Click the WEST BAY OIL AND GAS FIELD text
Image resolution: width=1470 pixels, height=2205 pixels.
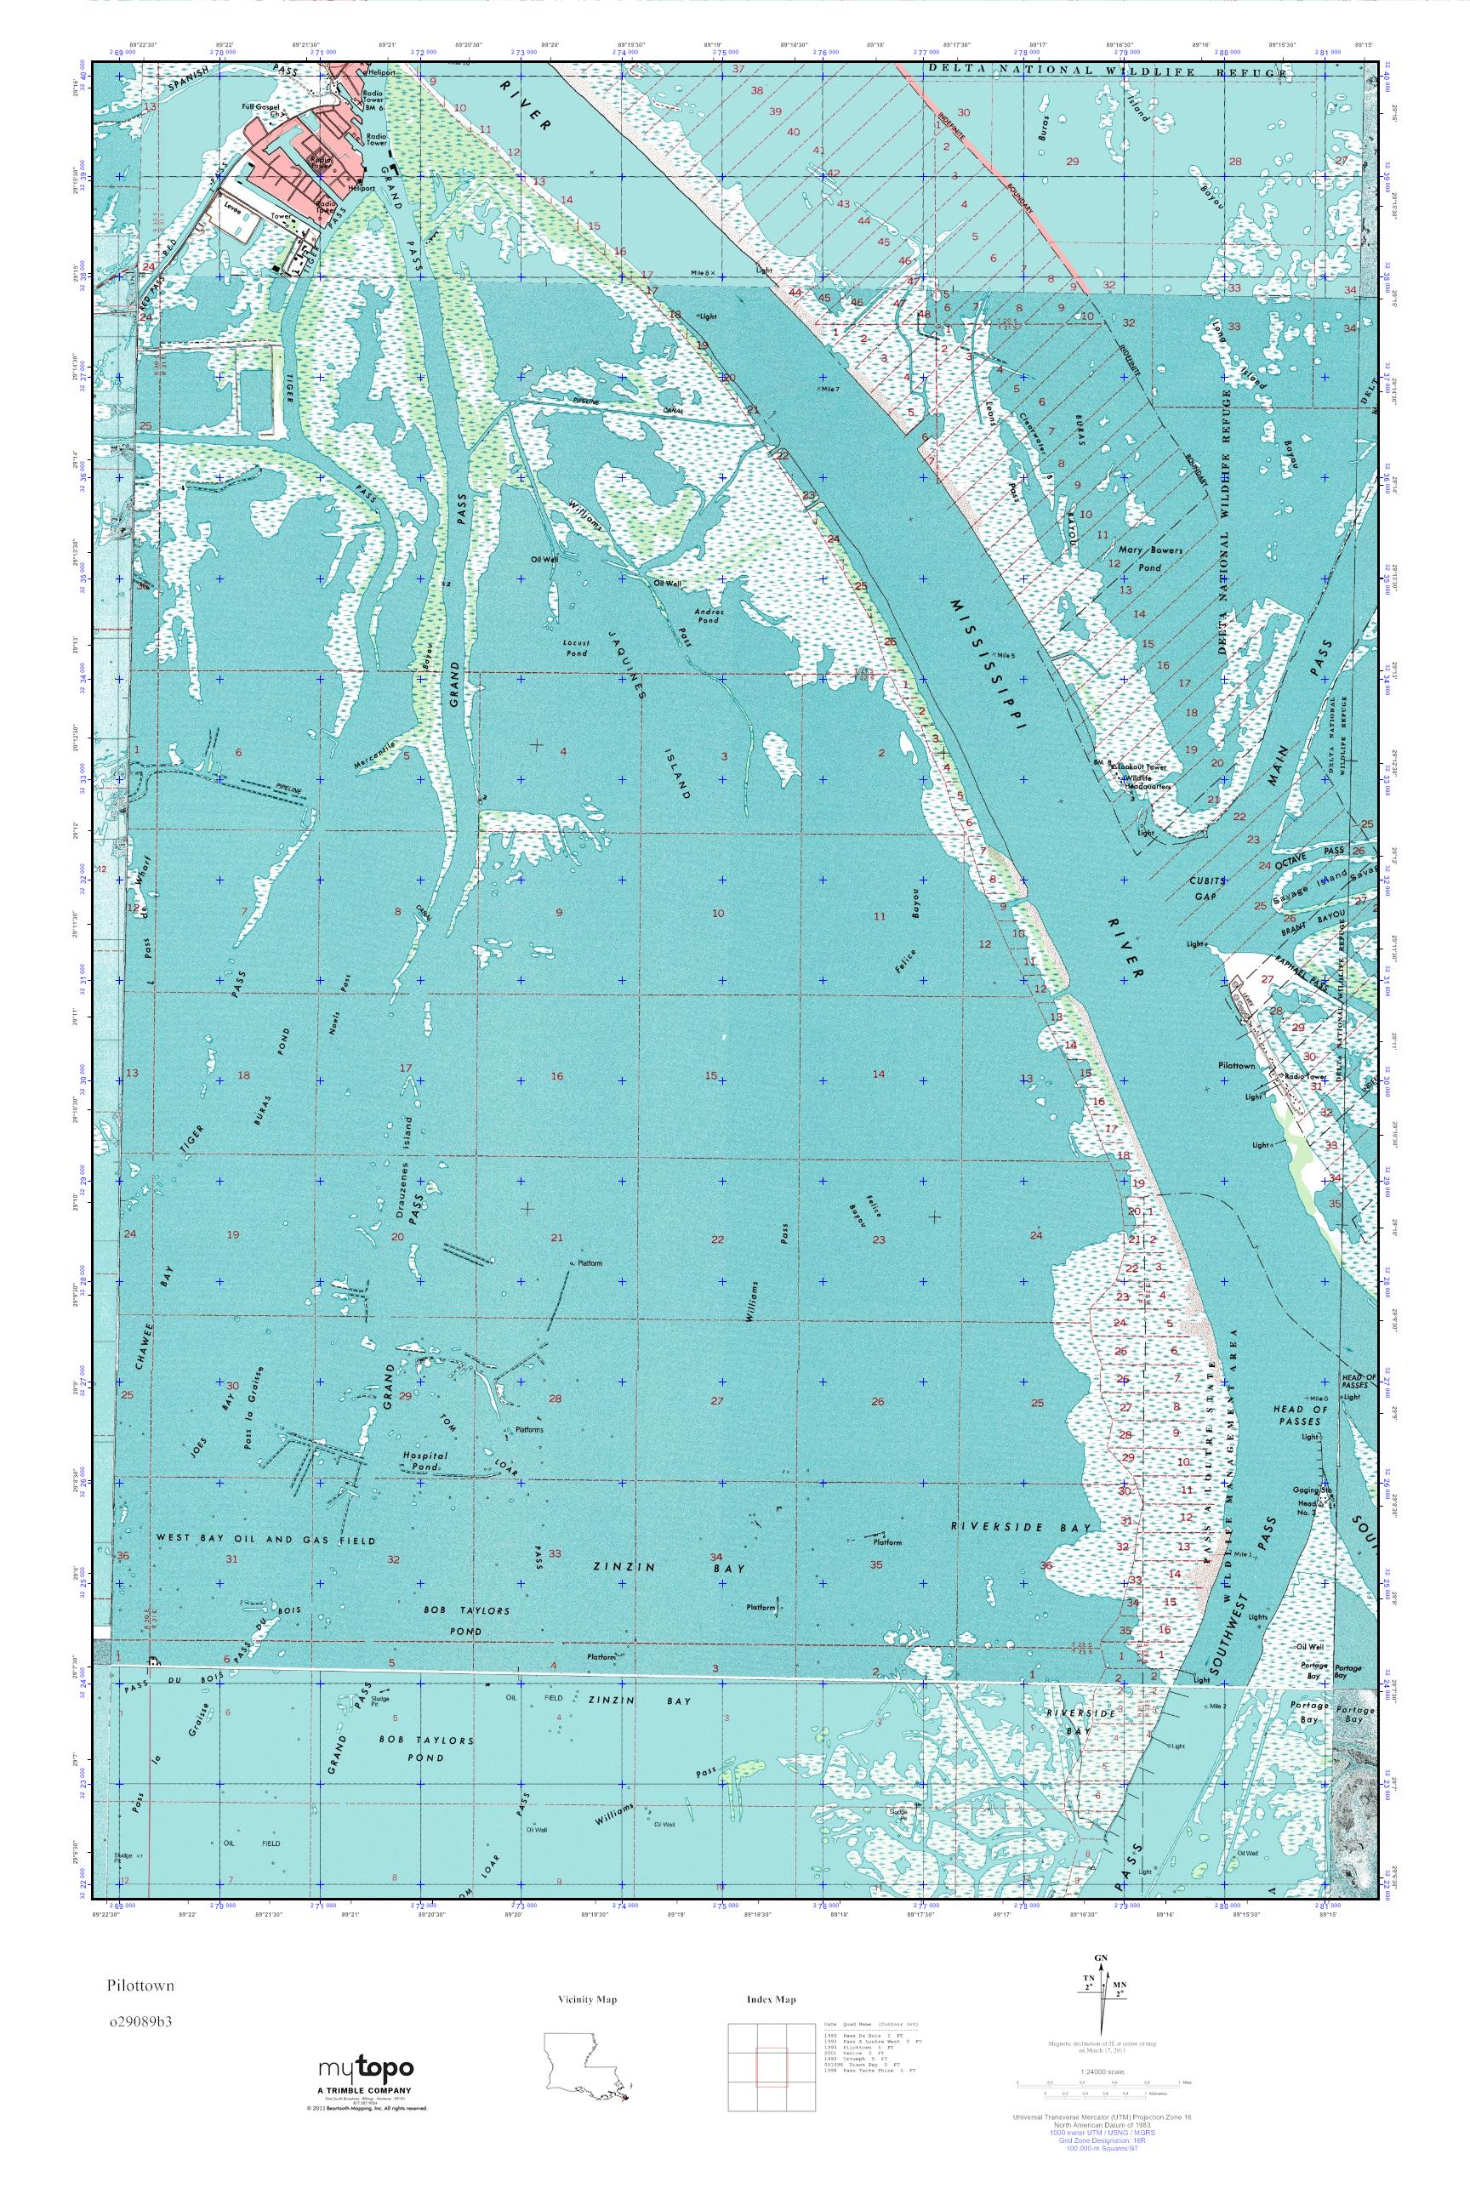265,1540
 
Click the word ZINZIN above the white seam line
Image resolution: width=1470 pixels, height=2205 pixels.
614,1567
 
